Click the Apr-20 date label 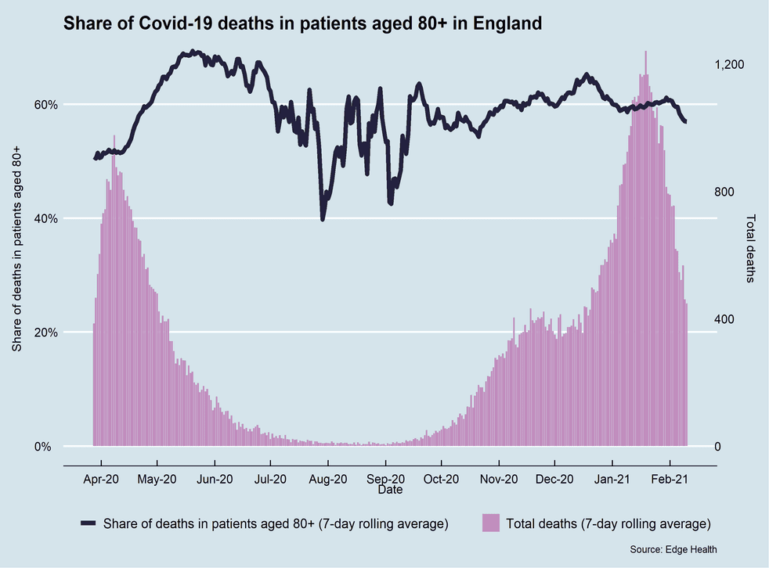[x=101, y=479]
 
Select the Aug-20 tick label [x=327, y=479]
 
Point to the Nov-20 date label [x=499, y=479]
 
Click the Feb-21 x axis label [x=670, y=479]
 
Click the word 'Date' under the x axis [x=390, y=491]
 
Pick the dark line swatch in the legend [x=87, y=523]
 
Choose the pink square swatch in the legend [x=491, y=523]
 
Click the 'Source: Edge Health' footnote [x=673, y=550]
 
